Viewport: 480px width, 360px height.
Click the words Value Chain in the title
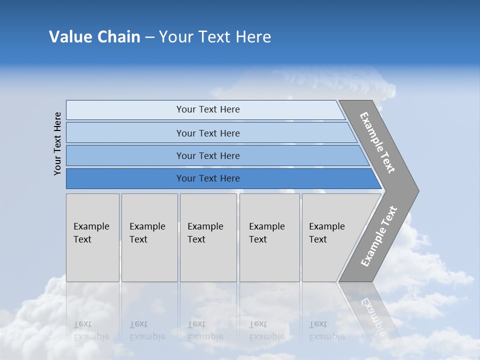pos(94,37)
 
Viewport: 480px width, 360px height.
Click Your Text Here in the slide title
pos(215,37)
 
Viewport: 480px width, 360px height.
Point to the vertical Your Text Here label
pos(57,143)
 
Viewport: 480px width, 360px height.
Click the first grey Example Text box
pos(92,237)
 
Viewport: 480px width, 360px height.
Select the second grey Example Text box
pos(149,237)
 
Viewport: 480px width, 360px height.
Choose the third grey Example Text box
pos(208,237)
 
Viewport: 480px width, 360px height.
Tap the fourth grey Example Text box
pos(269,237)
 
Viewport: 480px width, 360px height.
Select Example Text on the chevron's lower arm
pos(379,236)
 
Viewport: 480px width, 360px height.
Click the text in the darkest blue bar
pos(208,178)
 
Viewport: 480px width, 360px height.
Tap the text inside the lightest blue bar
pos(208,109)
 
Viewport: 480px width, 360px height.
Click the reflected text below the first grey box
pos(91,330)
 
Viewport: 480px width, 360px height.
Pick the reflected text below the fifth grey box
pos(326,330)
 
